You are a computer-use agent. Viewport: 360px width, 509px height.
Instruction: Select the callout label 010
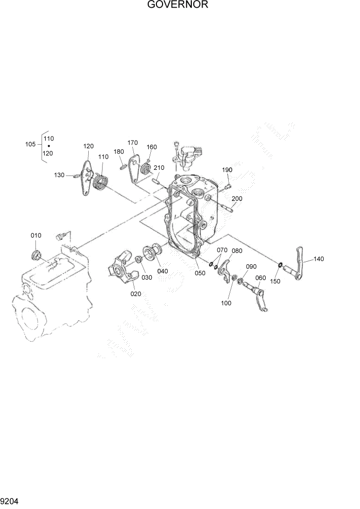[x=35, y=236]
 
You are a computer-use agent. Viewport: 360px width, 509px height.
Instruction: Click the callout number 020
[x=135, y=293]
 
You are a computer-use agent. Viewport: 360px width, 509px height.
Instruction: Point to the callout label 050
[x=199, y=273]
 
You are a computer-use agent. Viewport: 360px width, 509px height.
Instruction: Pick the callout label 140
[x=318, y=259]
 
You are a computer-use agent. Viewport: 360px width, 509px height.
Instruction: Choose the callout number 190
[x=227, y=170]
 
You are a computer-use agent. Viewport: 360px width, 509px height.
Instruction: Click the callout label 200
[x=237, y=199]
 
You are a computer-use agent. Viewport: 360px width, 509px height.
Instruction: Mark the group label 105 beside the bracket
[x=31, y=144]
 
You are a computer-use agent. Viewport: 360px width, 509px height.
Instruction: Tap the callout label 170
[x=132, y=143]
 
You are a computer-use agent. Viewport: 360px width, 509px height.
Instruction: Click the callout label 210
[x=158, y=168]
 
